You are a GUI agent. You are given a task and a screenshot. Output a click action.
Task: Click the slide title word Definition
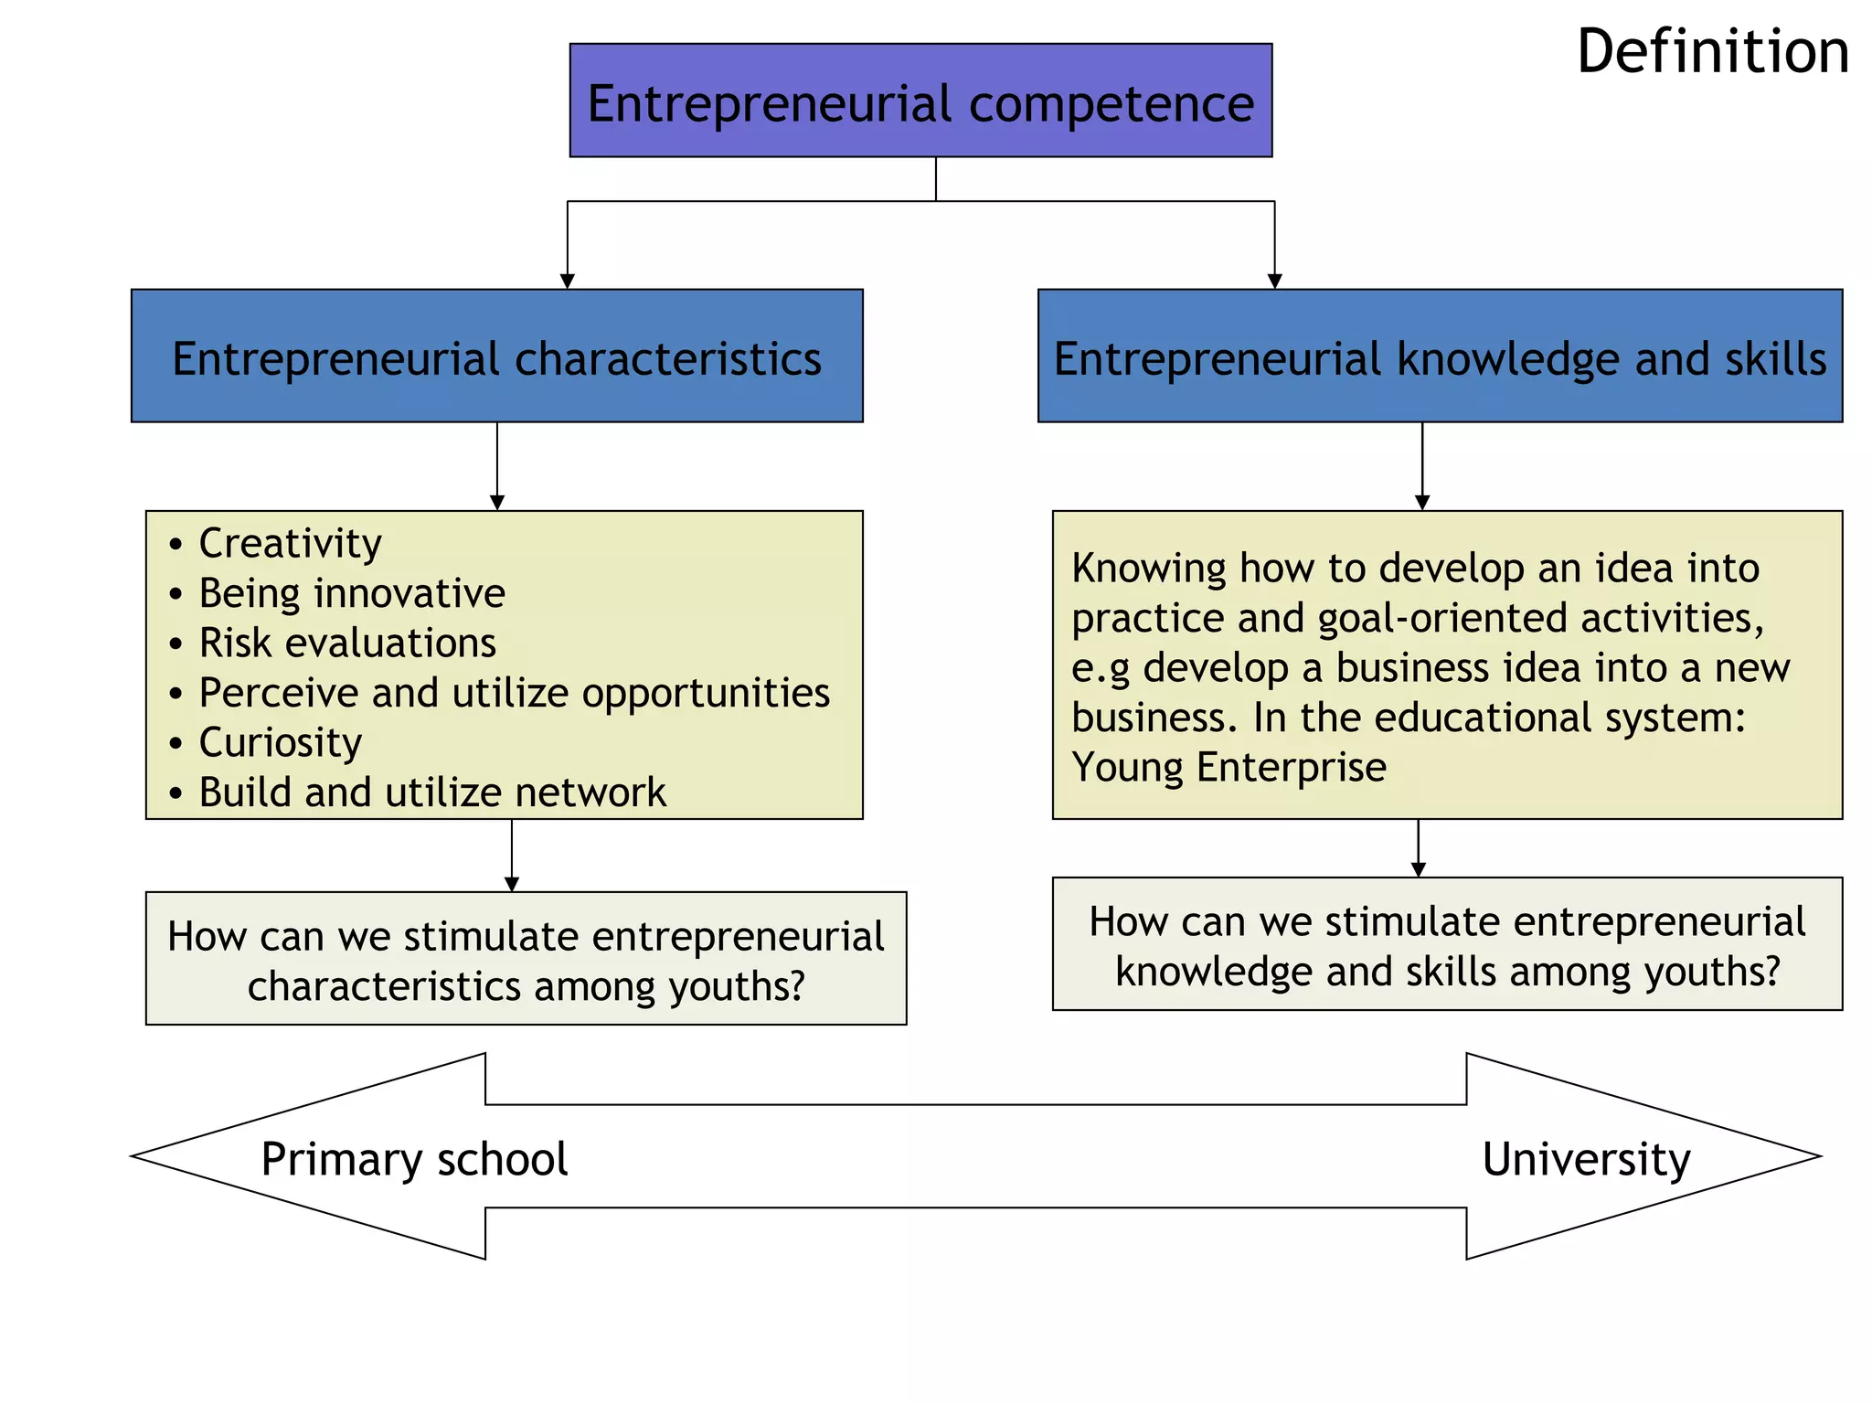click(1712, 52)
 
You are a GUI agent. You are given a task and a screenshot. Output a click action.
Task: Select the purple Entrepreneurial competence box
click(920, 101)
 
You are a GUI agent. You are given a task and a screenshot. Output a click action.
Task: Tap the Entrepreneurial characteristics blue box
click(496, 356)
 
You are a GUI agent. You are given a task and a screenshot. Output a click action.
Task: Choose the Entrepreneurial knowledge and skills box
click(1440, 356)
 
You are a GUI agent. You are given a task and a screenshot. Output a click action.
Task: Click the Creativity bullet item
click(290, 544)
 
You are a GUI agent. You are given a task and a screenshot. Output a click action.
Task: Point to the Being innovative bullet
click(352, 594)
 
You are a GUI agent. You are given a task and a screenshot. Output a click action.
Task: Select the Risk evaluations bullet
click(347, 643)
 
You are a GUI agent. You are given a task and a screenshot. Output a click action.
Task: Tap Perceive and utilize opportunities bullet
click(514, 693)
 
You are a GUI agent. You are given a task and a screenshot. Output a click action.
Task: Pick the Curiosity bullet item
click(280, 742)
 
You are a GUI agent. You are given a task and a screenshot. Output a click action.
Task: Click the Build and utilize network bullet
click(432, 792)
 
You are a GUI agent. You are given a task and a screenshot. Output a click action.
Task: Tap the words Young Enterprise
click(1228, 767)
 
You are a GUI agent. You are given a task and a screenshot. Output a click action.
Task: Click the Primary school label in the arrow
click(414, 1159)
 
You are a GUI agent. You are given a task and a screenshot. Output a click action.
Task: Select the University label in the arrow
click(1586, 1159)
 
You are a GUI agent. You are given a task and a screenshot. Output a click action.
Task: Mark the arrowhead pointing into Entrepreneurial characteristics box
click(568, 282)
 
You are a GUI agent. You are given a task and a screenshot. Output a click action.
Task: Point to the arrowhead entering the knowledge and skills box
click(1274, 282)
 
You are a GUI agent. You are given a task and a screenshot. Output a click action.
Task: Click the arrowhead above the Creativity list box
click(497, 503)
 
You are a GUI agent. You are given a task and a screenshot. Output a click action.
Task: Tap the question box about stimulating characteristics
click(526, 959)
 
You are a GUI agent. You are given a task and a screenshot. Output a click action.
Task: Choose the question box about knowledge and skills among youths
click(1447, 944)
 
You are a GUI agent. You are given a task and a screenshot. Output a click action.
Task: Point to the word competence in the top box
click(1111, 103)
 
